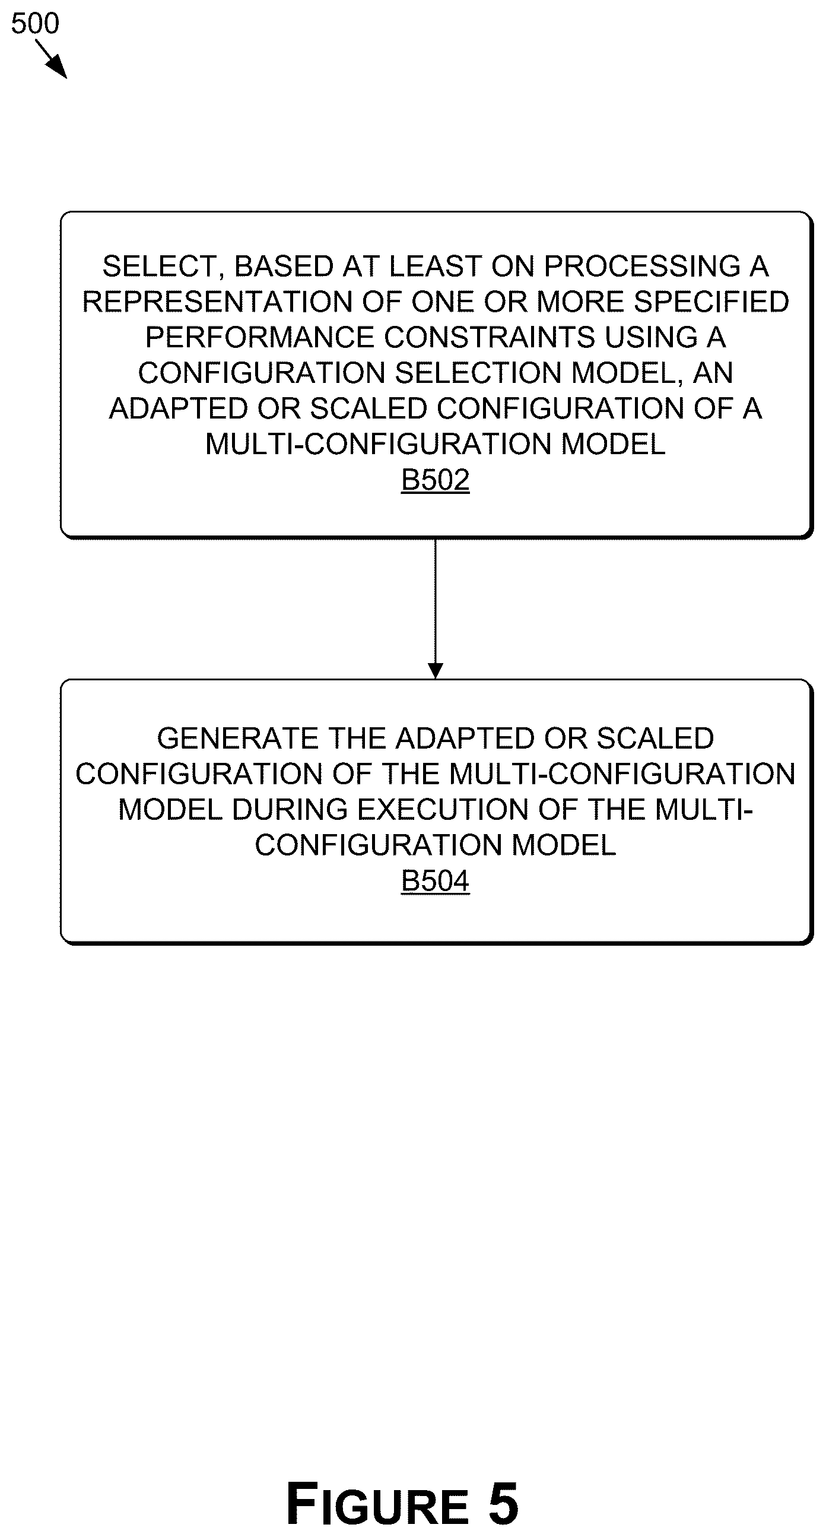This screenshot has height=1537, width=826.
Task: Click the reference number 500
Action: tap(35, 23)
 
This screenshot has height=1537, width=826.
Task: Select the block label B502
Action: tap(436, 480)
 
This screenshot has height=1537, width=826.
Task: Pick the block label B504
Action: tap(436, 880)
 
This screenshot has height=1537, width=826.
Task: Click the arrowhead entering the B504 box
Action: tap(436, 671)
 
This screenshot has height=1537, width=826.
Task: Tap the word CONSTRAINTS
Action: tap(490, 338)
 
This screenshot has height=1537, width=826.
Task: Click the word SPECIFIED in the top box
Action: tap(711, 302)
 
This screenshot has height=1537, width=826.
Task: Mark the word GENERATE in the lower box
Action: tap(238, 739)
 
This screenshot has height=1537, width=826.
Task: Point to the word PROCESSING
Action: tap(643, 267)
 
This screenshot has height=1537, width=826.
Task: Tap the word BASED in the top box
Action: tap(283, 267)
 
